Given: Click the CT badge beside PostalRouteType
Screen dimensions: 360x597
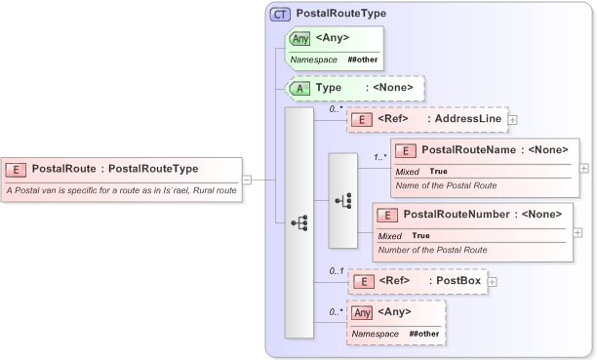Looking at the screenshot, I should point(280,15).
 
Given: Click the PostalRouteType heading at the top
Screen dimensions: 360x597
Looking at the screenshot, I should point(341,15).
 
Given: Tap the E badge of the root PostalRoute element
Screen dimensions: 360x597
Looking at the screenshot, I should point(17,169).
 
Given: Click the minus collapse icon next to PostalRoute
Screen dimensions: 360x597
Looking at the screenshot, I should point(247,180).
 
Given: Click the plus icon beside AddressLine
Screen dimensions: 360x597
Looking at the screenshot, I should point(513,120).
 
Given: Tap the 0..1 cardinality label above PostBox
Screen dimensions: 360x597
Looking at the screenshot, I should point(337,270).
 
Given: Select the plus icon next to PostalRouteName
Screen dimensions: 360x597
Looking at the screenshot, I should point(584,168).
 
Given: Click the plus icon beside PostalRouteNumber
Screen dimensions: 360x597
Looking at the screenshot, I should point(577,232).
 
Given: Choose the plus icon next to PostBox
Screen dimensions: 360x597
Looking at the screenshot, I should point(492,282).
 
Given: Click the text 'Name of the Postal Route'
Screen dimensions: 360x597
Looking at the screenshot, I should point(446,185).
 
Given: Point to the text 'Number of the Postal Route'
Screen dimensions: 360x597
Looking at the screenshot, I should point(432,250).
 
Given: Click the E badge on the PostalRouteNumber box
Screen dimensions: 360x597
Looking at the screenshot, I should point(388,214).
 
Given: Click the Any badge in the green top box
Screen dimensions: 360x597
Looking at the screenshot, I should point(300,39).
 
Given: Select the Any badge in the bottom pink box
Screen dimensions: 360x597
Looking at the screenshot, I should point(362,312).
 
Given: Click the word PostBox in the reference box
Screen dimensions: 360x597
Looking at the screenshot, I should point(458,282).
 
